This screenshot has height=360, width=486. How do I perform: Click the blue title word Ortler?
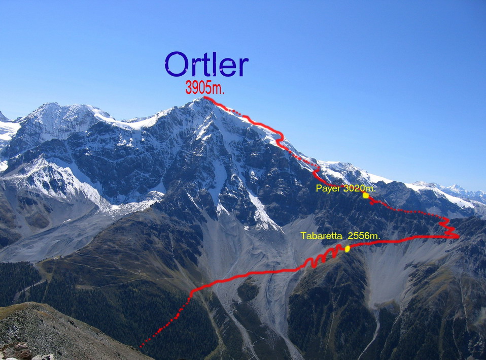pyautogui.click(x=206, y=64)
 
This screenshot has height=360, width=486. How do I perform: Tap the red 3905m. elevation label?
pyautogui.click(x=204, y=87)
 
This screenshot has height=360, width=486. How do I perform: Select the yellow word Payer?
pyautogui.click(x=328, y=188)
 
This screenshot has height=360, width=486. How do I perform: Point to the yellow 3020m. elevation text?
pyautogui.click(x=360, y=188)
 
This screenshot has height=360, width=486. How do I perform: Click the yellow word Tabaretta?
pyautogui.click(x=322, y=236)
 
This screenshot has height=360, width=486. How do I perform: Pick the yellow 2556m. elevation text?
pyautogui.click(x=364, y=236)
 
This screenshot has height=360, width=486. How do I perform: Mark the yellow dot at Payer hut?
pyautogui.click(x=366, y=195)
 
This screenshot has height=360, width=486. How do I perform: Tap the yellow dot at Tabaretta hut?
pyautogui.click(x=347, y=249)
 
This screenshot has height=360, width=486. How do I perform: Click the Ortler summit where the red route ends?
pyautogui.click(x=204, y=97)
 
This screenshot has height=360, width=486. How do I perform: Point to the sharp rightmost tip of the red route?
pyautogui.click(x=459, y=237)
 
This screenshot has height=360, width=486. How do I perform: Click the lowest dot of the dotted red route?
pyautogui.click(x=141, y=346)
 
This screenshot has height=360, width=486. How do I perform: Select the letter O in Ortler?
pyautogui.click(x=176, y=64)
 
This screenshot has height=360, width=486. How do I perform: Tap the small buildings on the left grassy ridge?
pyautogui.click(x=58, y=257)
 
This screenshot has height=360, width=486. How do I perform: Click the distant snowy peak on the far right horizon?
pyautogui.click(x=455, y=187)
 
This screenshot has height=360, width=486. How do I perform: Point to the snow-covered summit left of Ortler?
pyautogui.click(x=50, y=105)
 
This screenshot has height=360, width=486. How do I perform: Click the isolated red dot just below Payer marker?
pyautogui.click(x=372, y=203)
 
